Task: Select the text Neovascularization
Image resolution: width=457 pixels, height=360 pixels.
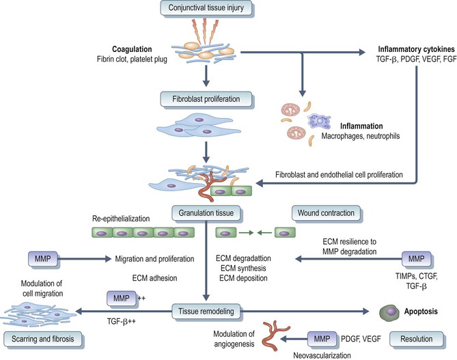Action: tap(316, 354)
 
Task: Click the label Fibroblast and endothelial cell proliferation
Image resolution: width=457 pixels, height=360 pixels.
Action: tap(335, 176)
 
